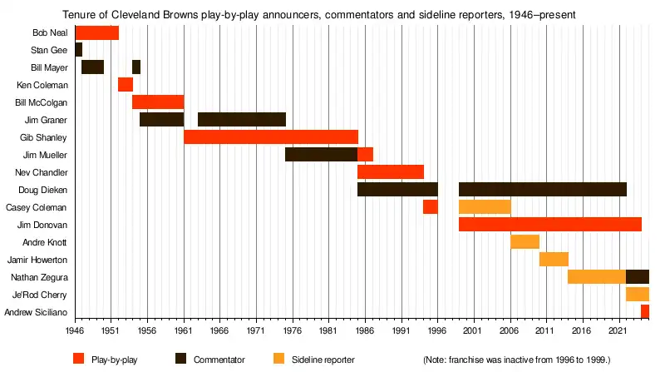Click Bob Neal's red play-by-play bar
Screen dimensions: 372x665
[x=96, y=32]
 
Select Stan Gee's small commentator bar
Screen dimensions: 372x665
[x=78, y=50]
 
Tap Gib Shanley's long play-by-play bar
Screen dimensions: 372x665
[x=270, y=137]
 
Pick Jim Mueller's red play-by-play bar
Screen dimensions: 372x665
[x=365, y=155]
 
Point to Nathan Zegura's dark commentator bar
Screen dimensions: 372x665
[x=637, y=276]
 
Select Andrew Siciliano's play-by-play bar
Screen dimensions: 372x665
[x=645, y=311]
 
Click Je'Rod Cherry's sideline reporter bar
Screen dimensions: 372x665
[x=637, y=294]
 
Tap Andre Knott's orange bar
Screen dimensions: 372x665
[x=525, y=242]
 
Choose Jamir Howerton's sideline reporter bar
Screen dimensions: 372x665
[x=554, y=259]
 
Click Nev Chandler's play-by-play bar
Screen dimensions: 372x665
[x=390, y=172]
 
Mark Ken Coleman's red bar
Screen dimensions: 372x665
[x=125, y=85]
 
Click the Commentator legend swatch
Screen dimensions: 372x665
[x=181, y=359]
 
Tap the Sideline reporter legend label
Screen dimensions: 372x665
[x=323, y=360]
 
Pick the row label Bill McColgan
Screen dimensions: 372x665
[x=42, y=102]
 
